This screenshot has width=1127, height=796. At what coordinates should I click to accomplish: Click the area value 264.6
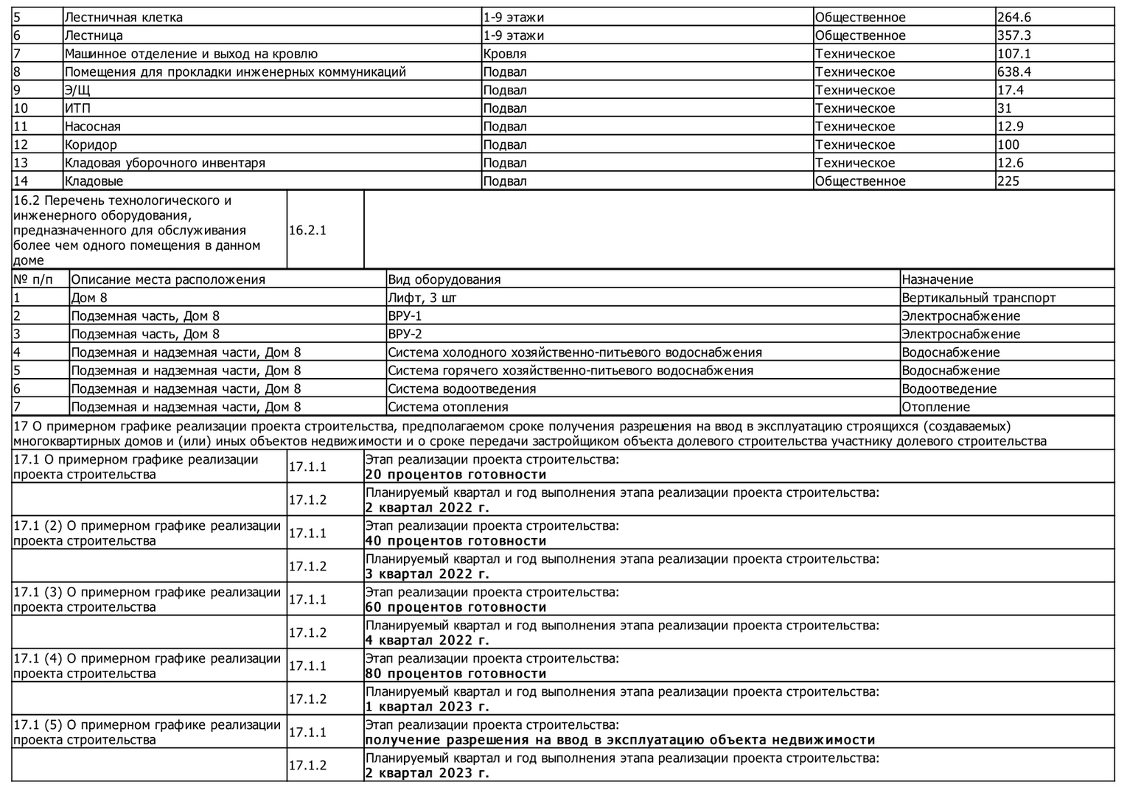click(1013, 18)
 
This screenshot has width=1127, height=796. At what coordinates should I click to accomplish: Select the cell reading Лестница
click(94, 35)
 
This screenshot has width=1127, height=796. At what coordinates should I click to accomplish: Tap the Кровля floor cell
click(505, 54)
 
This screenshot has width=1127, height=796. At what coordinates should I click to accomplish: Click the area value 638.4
click(1013, 72)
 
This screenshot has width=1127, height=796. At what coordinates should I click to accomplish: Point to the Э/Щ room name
click(77, 90)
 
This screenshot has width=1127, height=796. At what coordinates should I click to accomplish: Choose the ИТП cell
click(77, 108)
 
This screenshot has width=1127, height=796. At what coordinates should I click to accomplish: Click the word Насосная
click(93, 127)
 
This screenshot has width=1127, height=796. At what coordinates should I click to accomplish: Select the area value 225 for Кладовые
click(1008, 181)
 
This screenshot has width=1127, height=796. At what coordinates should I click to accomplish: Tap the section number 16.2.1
click(307, 230)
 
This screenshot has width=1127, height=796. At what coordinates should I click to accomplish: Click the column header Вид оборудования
click(444, 280)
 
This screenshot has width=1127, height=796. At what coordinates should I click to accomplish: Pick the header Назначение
click(937, 280)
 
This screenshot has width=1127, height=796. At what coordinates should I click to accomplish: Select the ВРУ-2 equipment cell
click(405, 334)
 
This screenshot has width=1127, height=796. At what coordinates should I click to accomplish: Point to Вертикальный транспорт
click(978, 298)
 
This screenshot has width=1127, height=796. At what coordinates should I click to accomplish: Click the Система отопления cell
click(447, 407)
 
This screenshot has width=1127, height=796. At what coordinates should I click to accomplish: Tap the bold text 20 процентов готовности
click(456, 475)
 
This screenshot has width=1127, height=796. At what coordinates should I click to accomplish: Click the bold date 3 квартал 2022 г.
click(427, 574)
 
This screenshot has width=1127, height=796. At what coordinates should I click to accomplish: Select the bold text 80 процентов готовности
click(456, 674)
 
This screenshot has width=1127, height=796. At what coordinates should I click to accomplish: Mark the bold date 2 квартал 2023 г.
click(427, 773)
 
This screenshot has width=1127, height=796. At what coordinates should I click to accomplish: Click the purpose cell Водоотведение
click(949, 389)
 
